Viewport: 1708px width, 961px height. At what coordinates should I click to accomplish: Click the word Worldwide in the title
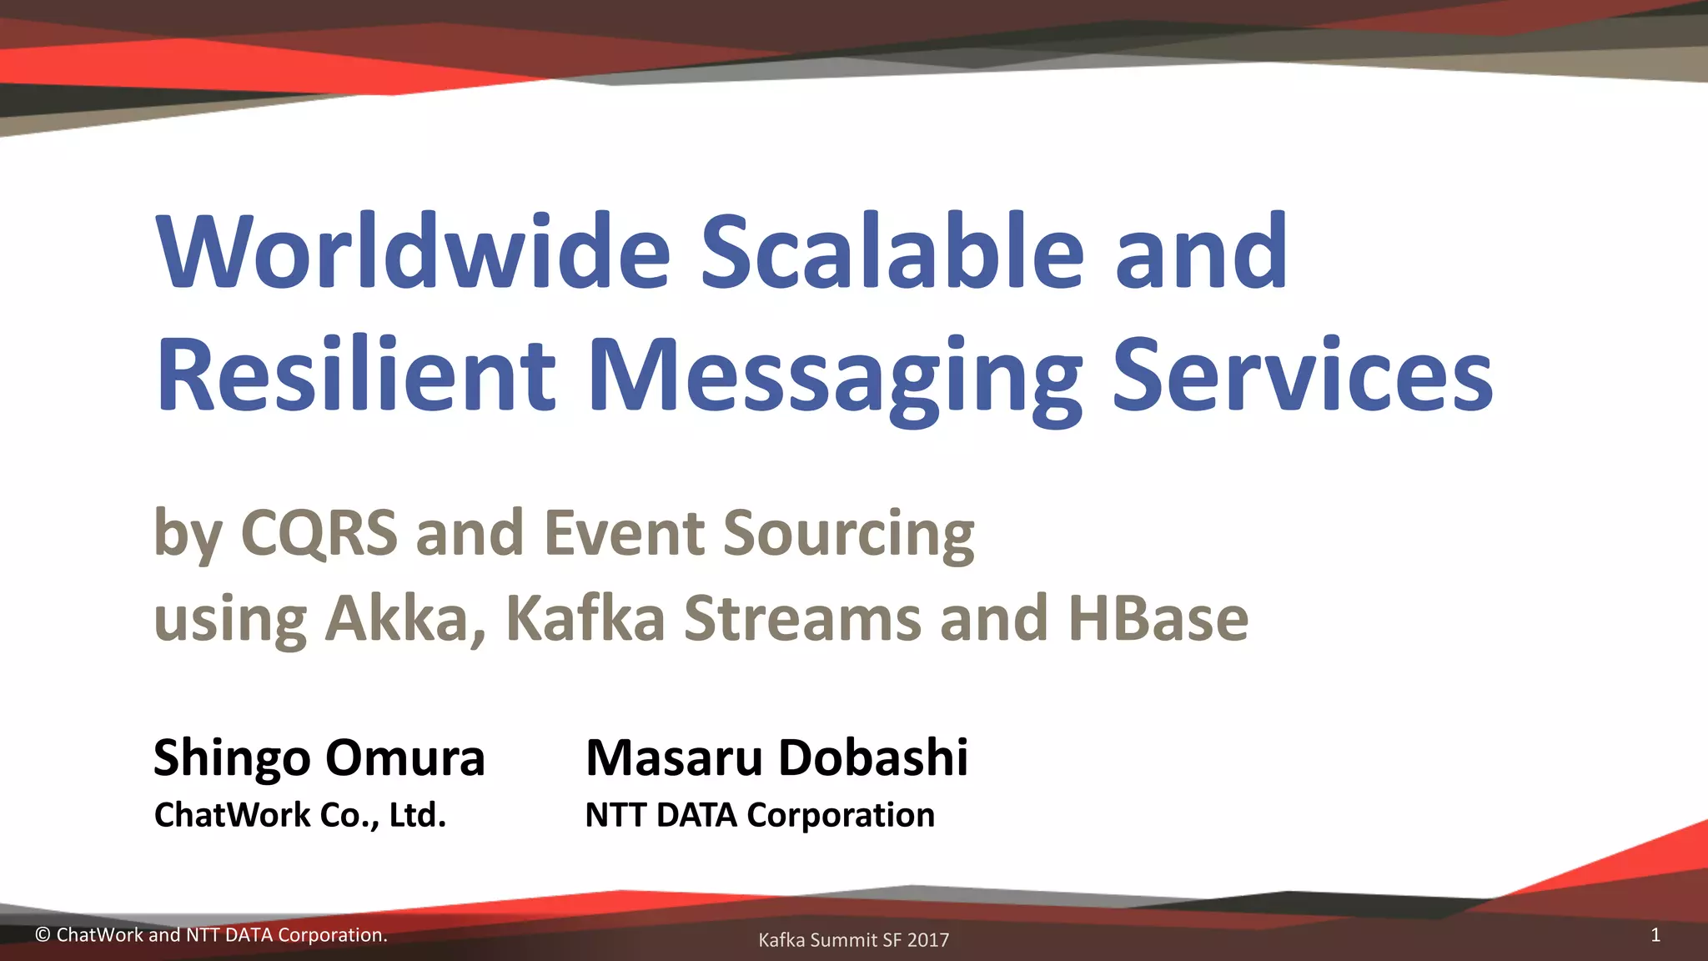tap(413, 252)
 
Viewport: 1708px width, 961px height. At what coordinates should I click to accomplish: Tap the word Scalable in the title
tap(891, 252)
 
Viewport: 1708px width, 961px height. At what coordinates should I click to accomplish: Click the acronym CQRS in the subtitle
tap(319, 532)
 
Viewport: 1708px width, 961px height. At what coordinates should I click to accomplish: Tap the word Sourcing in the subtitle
tap(848, 534)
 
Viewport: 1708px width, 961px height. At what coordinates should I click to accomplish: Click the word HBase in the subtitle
tap(1158, 619)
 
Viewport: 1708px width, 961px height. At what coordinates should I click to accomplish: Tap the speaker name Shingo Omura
tap(319, 757)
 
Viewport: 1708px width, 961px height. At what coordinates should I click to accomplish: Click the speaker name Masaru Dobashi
tap(776, 757)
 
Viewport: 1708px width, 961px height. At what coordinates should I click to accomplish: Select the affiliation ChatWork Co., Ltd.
tap(300, 815)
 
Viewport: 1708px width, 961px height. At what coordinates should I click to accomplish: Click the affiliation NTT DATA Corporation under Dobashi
tap(760, 815)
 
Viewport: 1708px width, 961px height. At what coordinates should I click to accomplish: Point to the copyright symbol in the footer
tap(43, 935)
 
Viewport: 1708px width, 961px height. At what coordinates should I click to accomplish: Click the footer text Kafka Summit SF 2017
tap(853, 940)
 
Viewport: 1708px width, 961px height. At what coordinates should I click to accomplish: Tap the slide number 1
tap(1655, 935)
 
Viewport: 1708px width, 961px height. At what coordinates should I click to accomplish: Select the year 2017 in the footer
tap(928, 940)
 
